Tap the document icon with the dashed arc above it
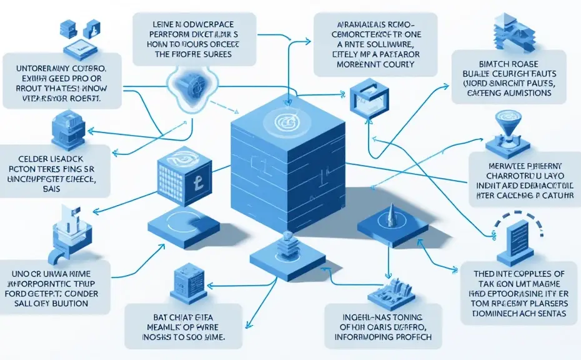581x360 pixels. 519,235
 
